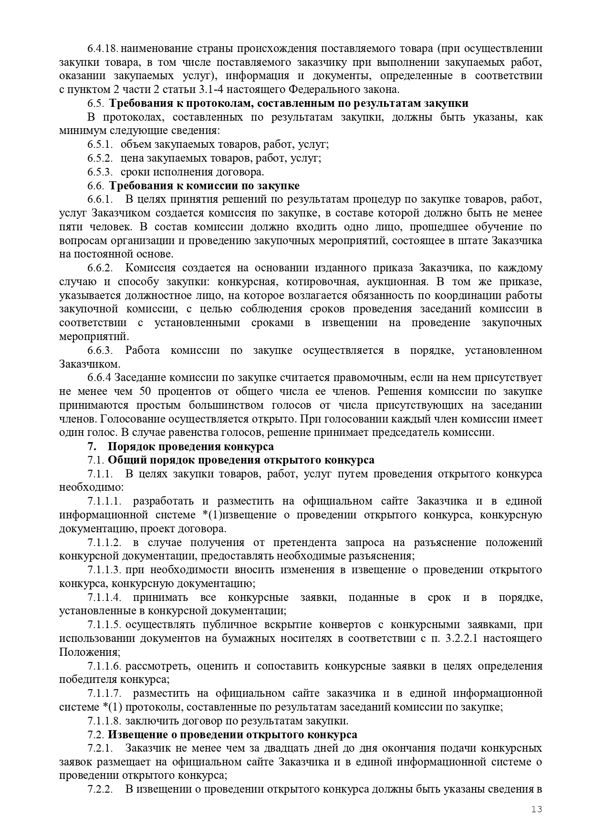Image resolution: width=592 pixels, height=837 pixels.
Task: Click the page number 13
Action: [537, 809]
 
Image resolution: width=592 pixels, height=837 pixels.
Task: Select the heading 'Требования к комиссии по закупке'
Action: [204, 186]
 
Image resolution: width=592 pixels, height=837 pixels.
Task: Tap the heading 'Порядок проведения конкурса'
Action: [191, 446]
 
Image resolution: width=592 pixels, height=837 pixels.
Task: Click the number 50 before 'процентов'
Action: [145, 392]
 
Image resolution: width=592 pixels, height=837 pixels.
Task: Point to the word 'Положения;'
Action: [90, 652]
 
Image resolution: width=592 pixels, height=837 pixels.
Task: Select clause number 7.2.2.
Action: [100, 789]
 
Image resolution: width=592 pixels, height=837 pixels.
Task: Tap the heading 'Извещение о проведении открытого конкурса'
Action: [232, 748]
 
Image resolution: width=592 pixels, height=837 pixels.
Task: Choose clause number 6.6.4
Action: [99, 378]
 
